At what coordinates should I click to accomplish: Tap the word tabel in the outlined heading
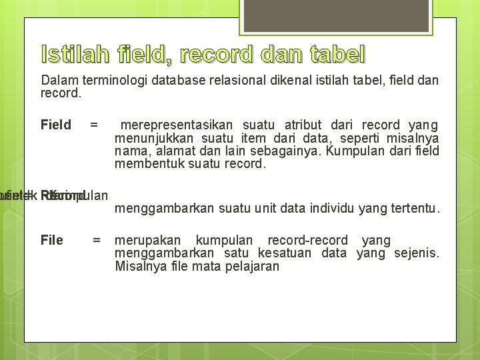337,53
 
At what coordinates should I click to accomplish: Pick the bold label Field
56,125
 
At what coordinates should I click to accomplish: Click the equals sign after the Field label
94,125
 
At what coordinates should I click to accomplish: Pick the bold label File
52,240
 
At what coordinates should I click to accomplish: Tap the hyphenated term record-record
307,240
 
